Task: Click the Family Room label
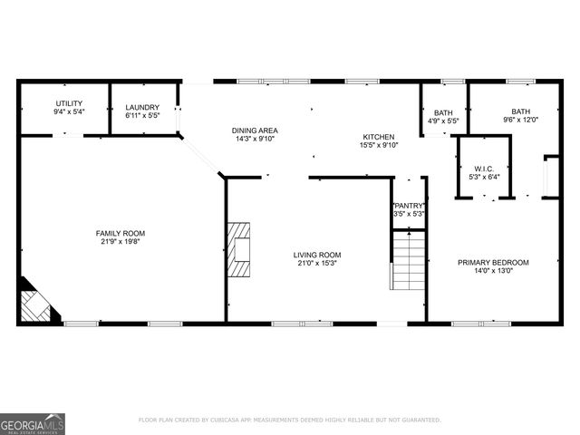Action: pos(121,233)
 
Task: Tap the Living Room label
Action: pos(316,255)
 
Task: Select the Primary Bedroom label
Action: pos(492,263)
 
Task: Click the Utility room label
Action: pos(69,103)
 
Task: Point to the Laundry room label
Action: pos(142,108)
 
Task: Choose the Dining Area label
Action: pos(254,130)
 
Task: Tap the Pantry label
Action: pos(409,206)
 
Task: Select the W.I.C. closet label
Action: pos(483,169)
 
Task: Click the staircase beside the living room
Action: pos(408,260)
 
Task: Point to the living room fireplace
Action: pos(238,247)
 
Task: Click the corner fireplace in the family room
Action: pos(36,304)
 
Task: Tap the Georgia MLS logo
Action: pos(33,424)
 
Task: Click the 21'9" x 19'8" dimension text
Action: pos(121,242)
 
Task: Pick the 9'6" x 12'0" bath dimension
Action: pos(520,120)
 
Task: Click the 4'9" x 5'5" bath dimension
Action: pos(443,121)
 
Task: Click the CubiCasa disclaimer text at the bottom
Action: pos(289,420)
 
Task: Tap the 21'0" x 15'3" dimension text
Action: pos(316,264)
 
